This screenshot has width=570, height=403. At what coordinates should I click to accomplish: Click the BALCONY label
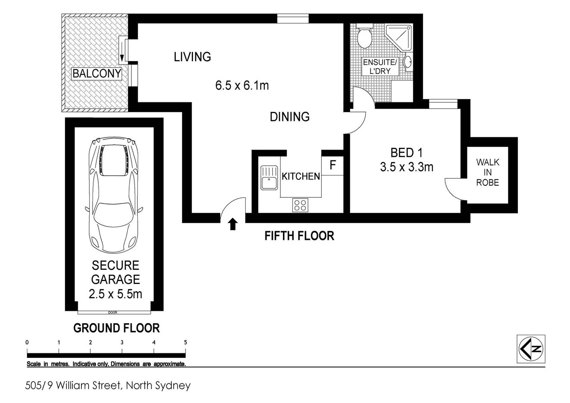tap(97, 74)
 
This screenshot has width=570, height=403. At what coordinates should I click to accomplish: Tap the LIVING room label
tap(192, 57)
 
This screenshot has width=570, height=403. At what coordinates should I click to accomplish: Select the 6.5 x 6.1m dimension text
tap(242, 85)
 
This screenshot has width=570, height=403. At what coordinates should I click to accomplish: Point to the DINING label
tap(290, 117)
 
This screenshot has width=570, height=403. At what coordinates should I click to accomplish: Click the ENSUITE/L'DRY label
tap(380, 67)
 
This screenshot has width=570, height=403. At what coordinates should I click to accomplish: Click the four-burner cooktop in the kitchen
tap(300, 205)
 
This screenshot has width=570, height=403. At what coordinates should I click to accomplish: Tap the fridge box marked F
tap(333, 165)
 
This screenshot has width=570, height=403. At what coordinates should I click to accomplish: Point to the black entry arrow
tap(233, 224)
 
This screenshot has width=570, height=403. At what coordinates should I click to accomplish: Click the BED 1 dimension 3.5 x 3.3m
tap(407, 167)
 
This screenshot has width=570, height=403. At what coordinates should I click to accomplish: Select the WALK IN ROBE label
tap(488, 172)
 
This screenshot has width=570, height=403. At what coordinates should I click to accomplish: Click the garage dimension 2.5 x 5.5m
tap(115, 294)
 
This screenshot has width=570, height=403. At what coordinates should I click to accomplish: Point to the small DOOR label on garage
tap(112, 312)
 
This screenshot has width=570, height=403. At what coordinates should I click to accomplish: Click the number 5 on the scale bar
tap(185, 342)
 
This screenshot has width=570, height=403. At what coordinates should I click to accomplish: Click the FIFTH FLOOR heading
tap(299, 236)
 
